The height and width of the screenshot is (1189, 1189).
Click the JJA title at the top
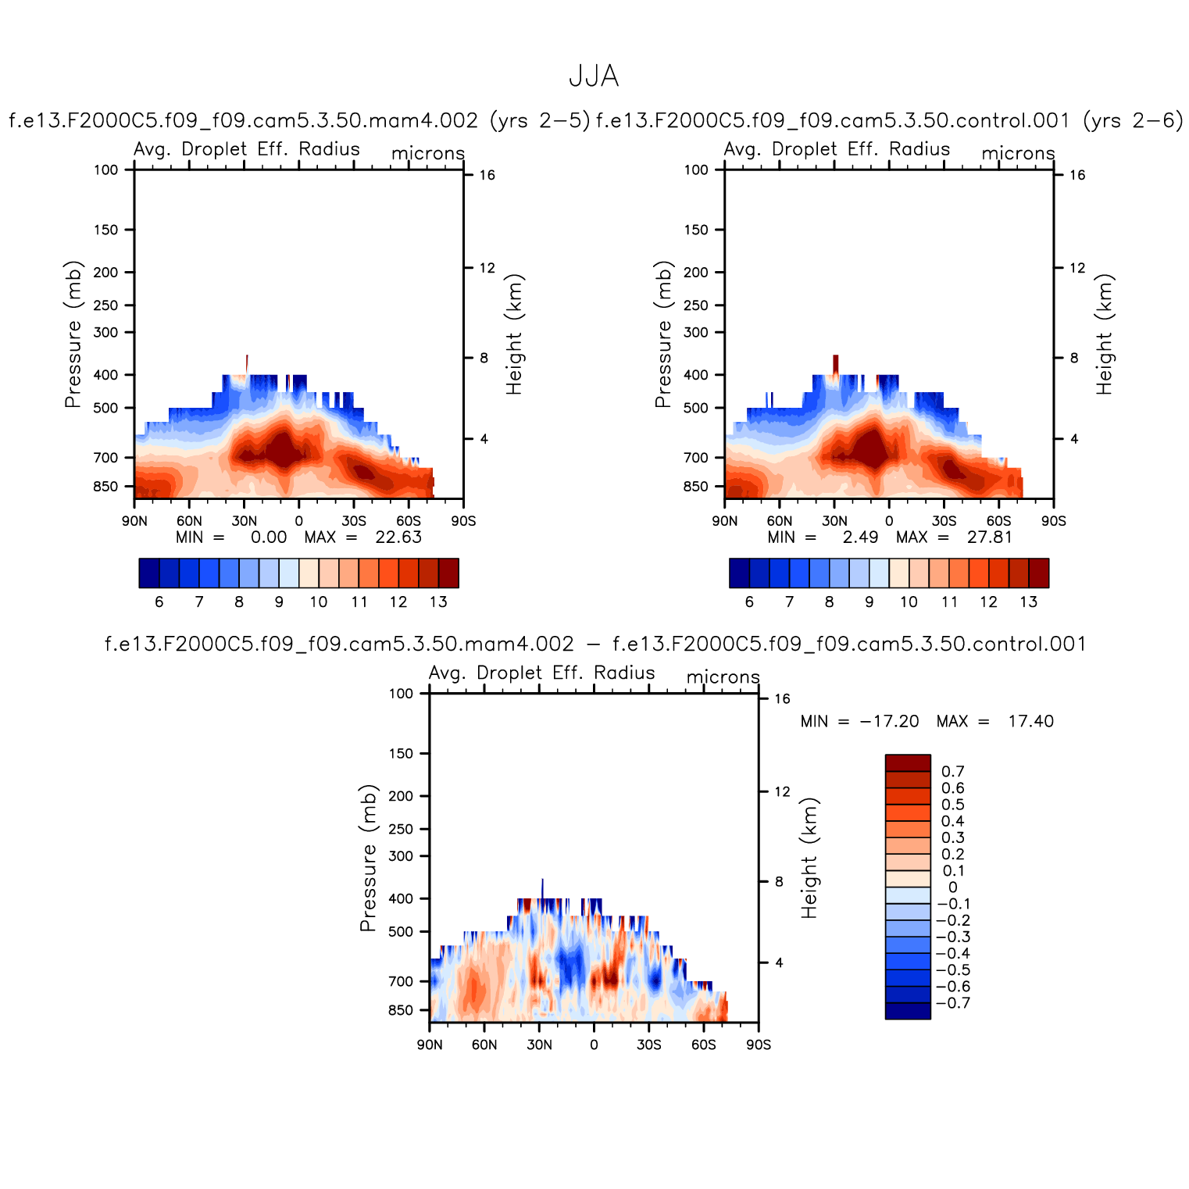[594, 77]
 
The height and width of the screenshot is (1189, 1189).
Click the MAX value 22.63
[398, 537]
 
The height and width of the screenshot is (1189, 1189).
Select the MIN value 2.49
[860, 537]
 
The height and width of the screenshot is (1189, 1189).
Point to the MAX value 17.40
[1030, 721]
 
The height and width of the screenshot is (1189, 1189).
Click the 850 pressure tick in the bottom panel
[400, 1010]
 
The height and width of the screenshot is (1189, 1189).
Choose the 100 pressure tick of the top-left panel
[105, 170]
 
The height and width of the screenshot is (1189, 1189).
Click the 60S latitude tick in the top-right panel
[998, 521]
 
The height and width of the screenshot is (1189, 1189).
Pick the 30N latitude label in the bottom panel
[539, 1045]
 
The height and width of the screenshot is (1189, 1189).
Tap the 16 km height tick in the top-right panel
[1077, 175]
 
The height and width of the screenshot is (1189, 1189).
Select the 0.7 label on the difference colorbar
[953, 772]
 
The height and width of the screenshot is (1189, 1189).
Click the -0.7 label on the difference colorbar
[952, 1003]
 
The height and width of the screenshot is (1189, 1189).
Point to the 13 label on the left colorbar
[438, 602]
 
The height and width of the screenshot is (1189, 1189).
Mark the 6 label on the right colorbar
[749, 602]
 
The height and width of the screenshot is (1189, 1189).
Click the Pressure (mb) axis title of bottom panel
[368, 858]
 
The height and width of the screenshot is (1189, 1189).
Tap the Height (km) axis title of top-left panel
[513, 334]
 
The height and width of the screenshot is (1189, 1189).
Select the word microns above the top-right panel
[1018, 153]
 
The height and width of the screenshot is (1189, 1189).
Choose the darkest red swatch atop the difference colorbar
[908, 762]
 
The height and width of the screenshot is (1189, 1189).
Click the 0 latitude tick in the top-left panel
[298, 521]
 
